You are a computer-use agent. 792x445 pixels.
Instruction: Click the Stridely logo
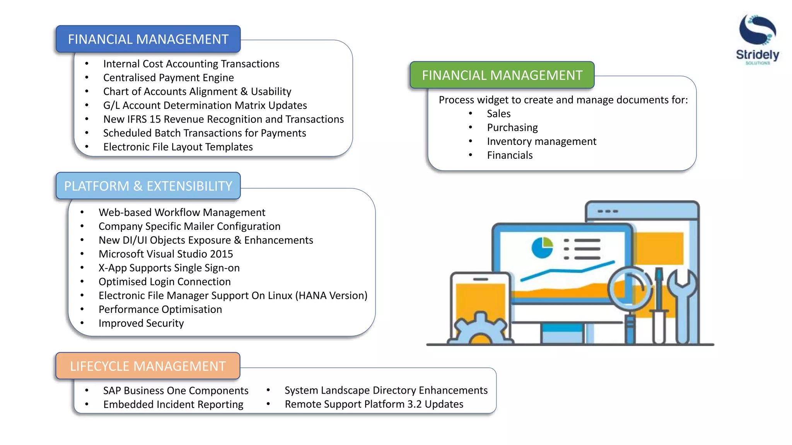click(757, 39)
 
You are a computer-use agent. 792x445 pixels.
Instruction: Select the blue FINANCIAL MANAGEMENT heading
click(148, 39)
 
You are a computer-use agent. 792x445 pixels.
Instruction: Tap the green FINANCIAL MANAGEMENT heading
click(502, 75)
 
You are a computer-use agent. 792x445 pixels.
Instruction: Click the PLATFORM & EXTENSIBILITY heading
click(148, 186)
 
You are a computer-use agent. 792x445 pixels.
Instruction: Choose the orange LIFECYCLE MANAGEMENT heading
click(148, 366)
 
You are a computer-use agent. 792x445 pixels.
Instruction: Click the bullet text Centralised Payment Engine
click(168, 78)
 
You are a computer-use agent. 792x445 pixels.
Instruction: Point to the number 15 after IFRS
click(155, 119)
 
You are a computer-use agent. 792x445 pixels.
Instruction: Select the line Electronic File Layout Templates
click(178, 147)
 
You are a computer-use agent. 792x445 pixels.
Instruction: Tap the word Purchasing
click(512, 127)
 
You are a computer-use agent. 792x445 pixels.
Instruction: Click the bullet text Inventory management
click(541, 141)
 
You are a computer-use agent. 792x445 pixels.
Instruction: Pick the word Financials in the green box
click(510, 155)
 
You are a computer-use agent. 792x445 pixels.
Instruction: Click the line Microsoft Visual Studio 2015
click(166, 254)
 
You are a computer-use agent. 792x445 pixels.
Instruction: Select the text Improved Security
click(141, 323)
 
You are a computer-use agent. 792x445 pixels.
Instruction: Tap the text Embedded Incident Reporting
click(173, 404)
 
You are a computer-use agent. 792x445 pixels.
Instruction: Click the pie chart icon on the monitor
click(542, 248)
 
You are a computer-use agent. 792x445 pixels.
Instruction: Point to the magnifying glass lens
click(630, 288)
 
